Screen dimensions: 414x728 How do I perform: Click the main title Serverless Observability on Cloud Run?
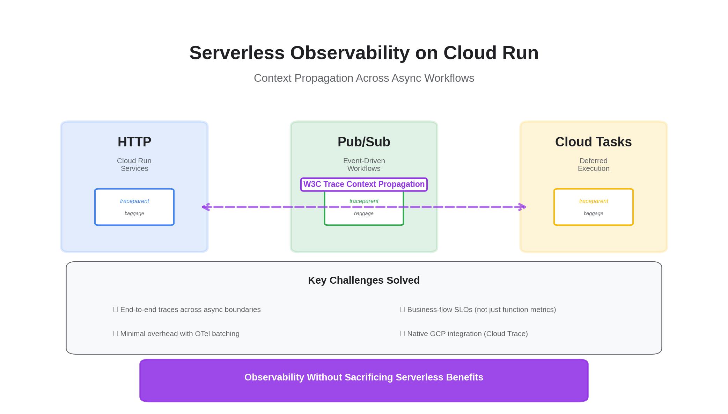[x=364, y=53]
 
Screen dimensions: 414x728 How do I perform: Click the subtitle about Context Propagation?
[x=364, y=78]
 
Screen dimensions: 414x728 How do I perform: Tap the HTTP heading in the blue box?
[x=134, y=142]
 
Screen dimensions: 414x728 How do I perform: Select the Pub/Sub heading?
[x=364, y=142]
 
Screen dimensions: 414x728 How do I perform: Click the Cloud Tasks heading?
[x=593, y=142]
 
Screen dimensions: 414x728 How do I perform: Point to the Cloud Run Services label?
[x=134, y=165]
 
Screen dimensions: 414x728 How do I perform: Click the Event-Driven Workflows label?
[x=364, y=165]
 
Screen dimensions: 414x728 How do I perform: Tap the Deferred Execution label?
[x=593, y=165]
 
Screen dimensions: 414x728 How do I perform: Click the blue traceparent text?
[x=134, y=201]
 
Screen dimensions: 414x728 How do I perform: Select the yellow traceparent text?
[x=593, y=201]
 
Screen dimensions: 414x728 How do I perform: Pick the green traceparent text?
[x=364, y=201]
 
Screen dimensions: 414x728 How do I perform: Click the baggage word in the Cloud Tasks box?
[x=593, y=213]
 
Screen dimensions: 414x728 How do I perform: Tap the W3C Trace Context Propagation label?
[x=364, y=184]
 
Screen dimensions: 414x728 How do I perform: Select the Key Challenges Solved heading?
[x=364, y=280]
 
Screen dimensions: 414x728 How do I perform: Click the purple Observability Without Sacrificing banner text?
[x=364, y=377]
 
